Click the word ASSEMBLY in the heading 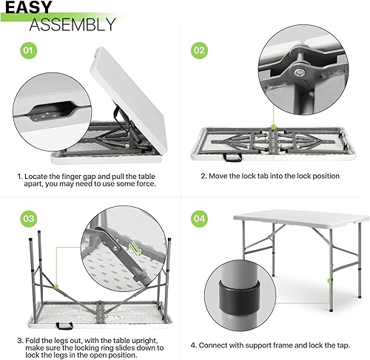[x=72, y=25]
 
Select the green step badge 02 [x=199, y=51]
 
